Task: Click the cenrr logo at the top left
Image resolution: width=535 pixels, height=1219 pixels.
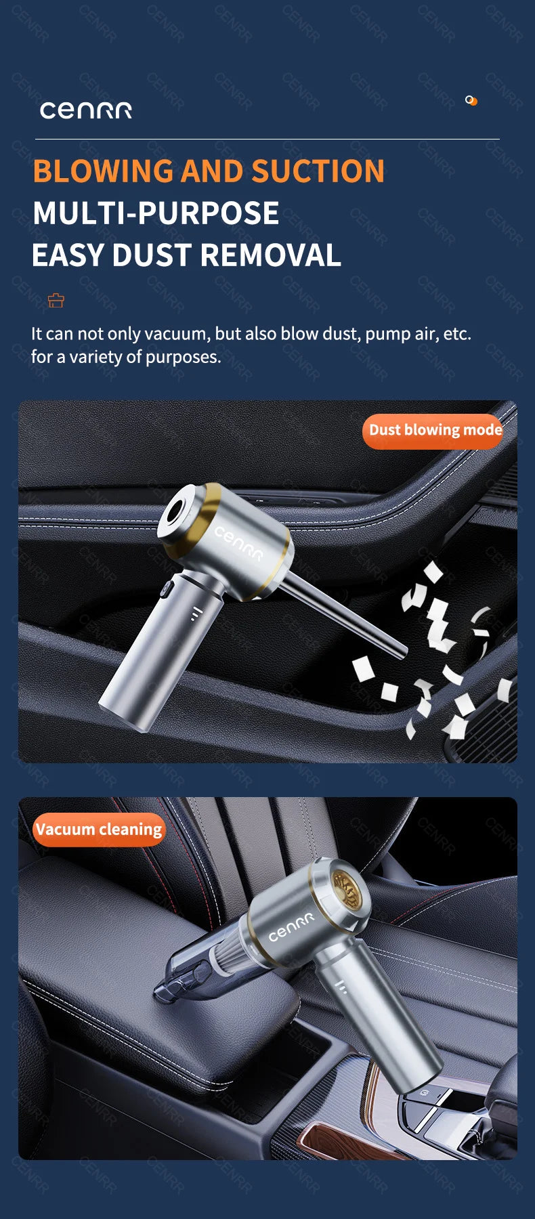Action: coord(86,110)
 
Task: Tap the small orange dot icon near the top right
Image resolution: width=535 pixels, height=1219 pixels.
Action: coord(471,101)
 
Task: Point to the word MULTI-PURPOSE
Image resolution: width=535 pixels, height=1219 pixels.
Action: coord(156,213)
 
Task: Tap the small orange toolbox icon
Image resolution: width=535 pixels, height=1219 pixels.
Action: coord(56,300)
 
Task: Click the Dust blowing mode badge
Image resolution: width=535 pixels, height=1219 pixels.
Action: coord(435,431)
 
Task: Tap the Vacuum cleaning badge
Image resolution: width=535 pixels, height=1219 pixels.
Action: coord(99,830)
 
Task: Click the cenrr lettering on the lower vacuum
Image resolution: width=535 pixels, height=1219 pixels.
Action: coord(291,926)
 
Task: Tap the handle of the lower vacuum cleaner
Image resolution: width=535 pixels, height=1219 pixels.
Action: coord(379,1023)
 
